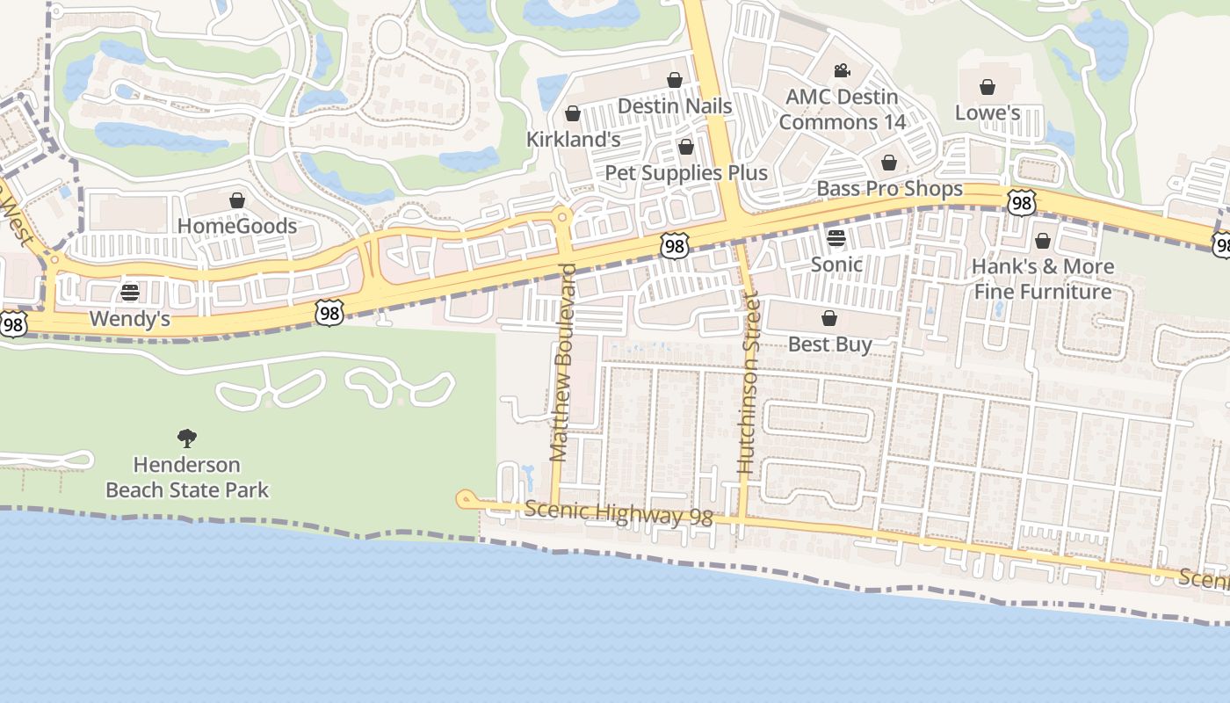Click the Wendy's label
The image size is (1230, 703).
pos(130,318)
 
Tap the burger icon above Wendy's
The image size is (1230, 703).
pos(130,292)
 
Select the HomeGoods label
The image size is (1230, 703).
pos(237,226)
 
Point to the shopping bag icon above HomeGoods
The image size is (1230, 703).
pos(237,200)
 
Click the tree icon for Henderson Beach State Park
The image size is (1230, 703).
pos(186,438)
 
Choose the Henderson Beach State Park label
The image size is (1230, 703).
pos(186,477)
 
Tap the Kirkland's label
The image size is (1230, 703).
pos(573,139)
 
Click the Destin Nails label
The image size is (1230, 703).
pos(675,105)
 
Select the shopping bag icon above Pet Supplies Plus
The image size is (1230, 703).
pos(686,147)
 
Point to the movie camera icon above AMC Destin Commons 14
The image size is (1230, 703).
pos(842,70)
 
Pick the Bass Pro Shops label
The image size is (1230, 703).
pos(889,189)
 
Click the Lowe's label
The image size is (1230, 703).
pos(988,112)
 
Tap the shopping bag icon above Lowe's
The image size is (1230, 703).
pos(988,87)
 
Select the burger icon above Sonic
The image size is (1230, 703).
pos(836,238)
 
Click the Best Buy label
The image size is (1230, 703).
pos(829,344)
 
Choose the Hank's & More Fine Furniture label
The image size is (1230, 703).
pos(1042,279)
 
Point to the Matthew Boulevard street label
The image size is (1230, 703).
pos(561,362)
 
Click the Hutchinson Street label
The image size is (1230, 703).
pos(748,399)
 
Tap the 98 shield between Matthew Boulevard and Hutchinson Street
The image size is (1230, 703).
pos(675,246)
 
